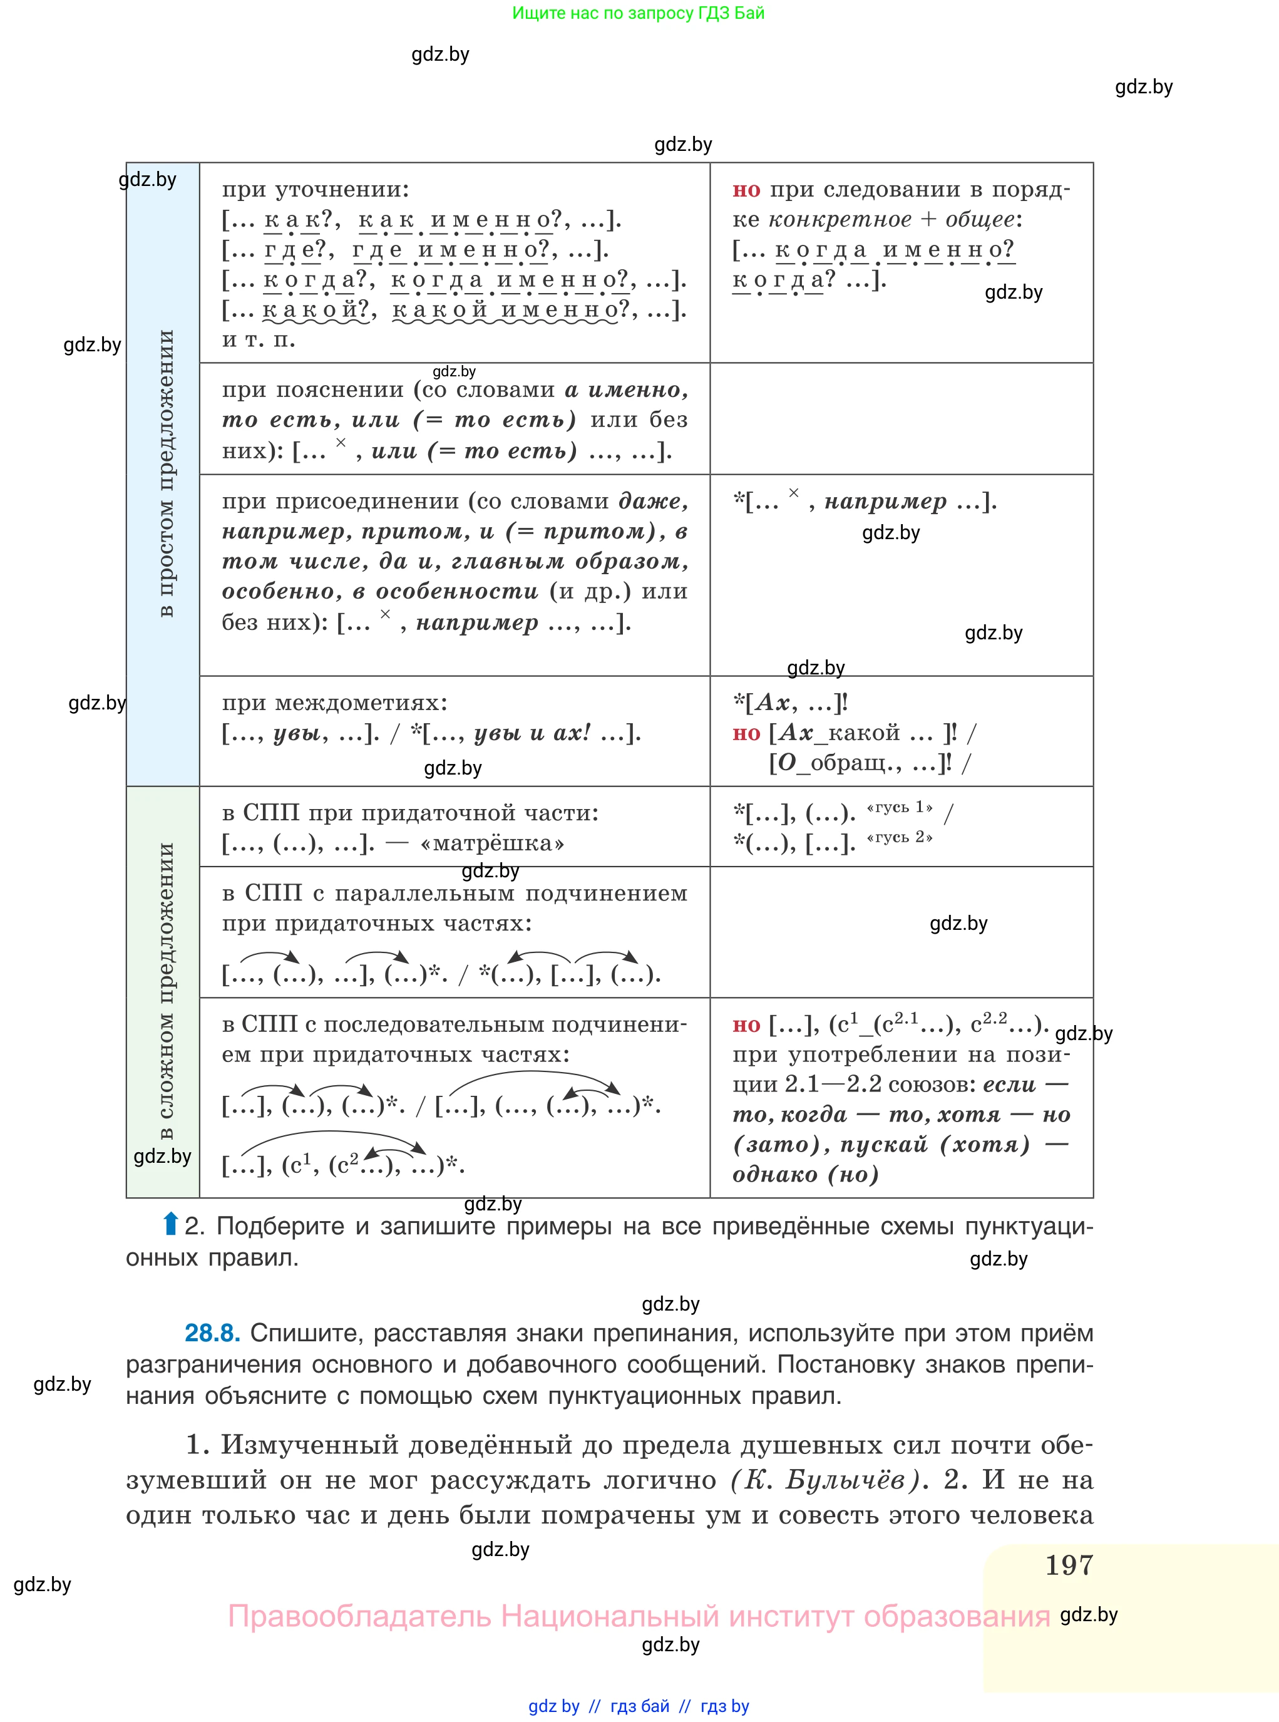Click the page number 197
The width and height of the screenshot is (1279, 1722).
pos(1069,1565)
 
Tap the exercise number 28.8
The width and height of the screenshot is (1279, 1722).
pos(212,1333)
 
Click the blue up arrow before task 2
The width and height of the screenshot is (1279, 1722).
pos(171,1224)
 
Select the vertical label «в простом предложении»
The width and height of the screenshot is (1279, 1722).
pos(165,474)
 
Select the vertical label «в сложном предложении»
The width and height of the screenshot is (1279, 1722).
pos(165,991)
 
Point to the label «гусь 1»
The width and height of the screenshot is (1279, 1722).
pos(900,808)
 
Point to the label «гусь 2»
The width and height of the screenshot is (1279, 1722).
pos(900,838)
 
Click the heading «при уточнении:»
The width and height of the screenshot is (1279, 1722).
pos(315,190)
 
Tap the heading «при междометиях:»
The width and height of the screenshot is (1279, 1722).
pos(334,703)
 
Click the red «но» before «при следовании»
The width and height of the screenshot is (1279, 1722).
pos(746,190)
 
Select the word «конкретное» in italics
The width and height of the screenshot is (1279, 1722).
pos(840,220)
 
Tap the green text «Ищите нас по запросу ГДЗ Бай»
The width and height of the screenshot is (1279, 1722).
pos(638,13)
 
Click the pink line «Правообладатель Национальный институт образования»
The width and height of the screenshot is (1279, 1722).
pos(639,1616)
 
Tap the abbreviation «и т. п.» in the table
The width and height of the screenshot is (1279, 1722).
pos(259,340)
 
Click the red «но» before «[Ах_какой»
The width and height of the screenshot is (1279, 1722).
pos(746,733)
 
